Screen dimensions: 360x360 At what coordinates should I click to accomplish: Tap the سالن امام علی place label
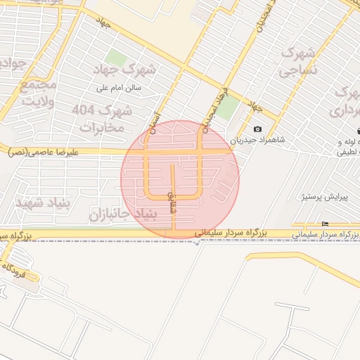point(120,88)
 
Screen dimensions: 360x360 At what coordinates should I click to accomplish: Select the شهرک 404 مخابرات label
point(103,119)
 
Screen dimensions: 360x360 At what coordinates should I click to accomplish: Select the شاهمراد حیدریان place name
point(282,140)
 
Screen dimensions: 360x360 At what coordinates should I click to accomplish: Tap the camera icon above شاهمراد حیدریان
point(257,129)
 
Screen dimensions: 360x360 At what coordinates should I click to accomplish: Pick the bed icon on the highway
point(324,224)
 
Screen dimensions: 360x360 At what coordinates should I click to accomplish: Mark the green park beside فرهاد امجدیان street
point(227,108)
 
